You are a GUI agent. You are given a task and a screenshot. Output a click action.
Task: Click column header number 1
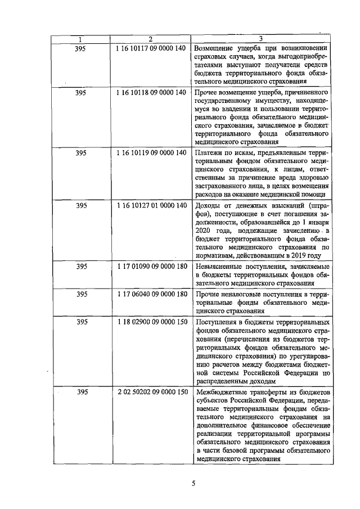[x=80, y=39]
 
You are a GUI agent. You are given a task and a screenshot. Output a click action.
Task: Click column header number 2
[x=150, y=39]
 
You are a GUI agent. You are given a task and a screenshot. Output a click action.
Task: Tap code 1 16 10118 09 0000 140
[x=150, y=92]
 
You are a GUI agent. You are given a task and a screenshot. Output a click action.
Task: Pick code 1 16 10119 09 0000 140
[x=150, y=152]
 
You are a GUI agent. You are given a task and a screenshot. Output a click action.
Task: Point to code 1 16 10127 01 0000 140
[x=150, y=205]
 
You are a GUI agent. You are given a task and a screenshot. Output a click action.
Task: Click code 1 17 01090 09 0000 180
[x=150, y=265]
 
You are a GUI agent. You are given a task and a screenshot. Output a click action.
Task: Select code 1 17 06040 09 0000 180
[x=150, y=294]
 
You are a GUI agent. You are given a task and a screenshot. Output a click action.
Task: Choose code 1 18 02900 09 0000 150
[x=150, y=322]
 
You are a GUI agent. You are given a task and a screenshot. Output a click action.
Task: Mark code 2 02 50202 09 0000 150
[x=150, y=391]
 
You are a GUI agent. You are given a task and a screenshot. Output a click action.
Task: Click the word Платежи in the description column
[x=208, y=153]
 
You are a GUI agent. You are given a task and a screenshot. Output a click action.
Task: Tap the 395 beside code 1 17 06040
[x=80, y=294]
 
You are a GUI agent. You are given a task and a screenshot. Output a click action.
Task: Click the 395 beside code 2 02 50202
[x=80, y=391]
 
